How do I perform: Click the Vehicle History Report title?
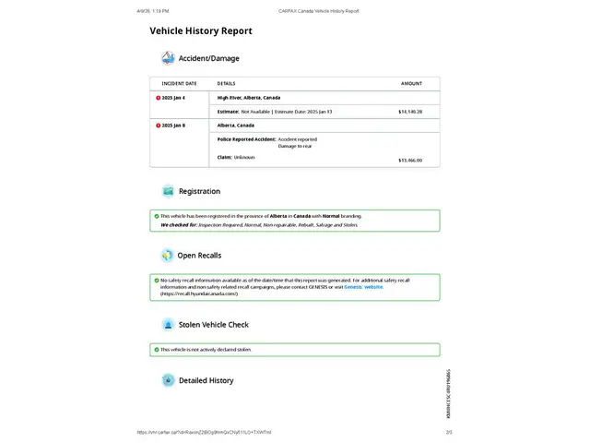click(x=201, y=30)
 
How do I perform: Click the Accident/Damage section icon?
click(x=168, y=58)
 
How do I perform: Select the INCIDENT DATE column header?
click(x=179, y=83)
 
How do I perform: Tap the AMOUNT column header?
click(x=411, y=83)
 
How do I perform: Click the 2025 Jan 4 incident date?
click(x=173, y=97)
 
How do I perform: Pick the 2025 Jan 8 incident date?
click(x=173, y=125)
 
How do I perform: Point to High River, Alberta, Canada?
click(x=249, y=97)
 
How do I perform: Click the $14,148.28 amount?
click(x=410, y=111)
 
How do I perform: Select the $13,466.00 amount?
click(x=410, y=160)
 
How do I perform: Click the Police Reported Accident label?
click(x=246, y=138)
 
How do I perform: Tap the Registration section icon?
click(x=168, y=191)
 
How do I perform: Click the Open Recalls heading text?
click(x=199, y=256)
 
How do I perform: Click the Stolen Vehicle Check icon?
click(x=168, y=325)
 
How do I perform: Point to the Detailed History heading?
click(x=206, y=380)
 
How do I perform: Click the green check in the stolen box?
click(x=157, y=350)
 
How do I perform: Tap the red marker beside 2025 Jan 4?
click(x=158, y=97)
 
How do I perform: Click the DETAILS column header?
click(x=226, y=83)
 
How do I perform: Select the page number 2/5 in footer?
click(x=449, y=432)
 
